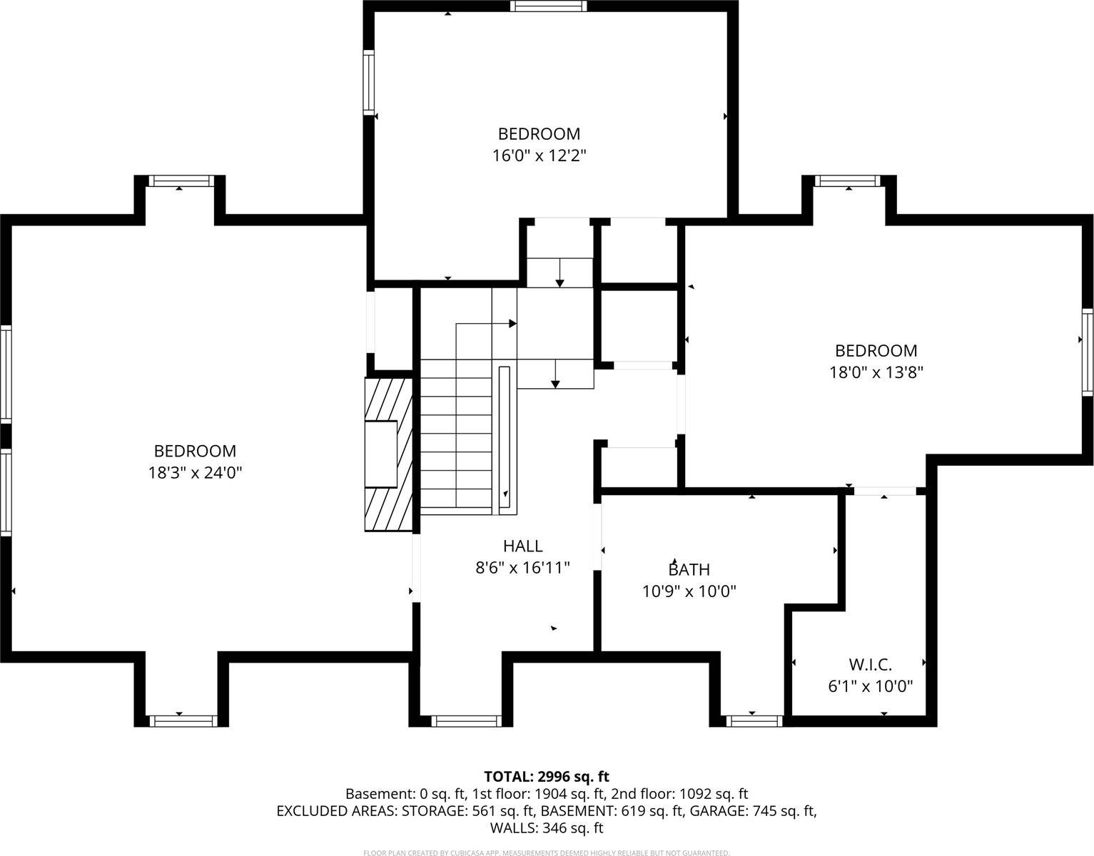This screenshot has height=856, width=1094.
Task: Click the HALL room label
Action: click(x=522, y=546)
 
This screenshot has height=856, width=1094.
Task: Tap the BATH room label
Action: click(x=689, y=569)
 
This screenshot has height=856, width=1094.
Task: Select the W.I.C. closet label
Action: click(x=870, y=665)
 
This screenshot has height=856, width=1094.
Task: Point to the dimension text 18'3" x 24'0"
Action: click(x=195, y=472)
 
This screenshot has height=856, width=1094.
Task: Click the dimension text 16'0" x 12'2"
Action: click(x=539, y=155)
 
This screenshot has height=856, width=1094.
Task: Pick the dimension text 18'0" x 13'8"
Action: click(x=876, y=372)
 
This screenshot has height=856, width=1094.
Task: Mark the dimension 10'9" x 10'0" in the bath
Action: click(x=689, y=591)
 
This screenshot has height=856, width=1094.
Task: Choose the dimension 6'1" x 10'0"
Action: click(x=870, y=686)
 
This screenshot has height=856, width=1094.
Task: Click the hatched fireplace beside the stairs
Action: click(x=390, y=454)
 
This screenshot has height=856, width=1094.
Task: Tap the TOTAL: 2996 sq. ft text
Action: click(x=546, y=776)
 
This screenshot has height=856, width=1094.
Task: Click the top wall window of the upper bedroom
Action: click(x=548, y=6)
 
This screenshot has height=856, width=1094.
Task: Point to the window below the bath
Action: click(x=754, y=720)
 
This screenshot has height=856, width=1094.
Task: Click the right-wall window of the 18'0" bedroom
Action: click(x=1087, y=352)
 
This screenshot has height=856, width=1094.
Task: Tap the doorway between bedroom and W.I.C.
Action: click(x=885, y=491)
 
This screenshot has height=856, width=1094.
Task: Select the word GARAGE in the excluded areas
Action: click(x=714, y=811)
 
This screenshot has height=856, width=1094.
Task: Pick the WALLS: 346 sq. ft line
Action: click(x=546, y=828)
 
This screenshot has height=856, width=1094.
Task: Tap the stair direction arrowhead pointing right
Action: click(x=512, y=323)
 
